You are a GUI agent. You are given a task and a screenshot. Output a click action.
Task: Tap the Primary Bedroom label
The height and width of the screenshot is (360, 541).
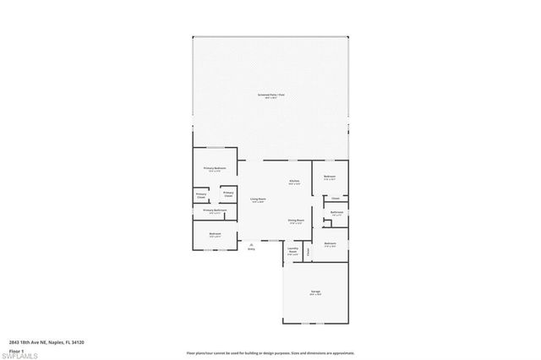point(214,169)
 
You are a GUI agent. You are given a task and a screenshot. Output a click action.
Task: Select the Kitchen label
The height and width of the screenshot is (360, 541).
point(294,182)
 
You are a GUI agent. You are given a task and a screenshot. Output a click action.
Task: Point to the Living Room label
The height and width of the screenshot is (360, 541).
point(257,200)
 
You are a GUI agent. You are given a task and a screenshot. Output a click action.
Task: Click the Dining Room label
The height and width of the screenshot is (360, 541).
point(295,221)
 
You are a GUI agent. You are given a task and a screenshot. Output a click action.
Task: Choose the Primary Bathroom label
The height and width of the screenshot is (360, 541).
point(214,210)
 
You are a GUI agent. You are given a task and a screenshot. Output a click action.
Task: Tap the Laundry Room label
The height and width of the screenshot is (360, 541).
point(292,251)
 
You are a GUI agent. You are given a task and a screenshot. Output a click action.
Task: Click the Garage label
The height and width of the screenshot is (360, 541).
point(314,292)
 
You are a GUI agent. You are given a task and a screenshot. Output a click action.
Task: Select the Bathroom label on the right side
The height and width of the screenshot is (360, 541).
point(336,213)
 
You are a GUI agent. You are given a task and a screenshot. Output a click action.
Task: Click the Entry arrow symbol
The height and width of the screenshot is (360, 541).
point(251,243)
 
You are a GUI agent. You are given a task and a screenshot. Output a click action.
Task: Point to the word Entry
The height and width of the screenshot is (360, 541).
point(251,249)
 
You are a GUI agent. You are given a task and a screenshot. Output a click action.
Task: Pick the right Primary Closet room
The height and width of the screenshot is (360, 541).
point(228,194)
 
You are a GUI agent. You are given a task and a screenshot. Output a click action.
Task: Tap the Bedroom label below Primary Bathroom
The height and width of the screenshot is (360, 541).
point(215,234)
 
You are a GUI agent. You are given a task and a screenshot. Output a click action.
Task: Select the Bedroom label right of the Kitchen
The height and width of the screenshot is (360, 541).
point(330,177)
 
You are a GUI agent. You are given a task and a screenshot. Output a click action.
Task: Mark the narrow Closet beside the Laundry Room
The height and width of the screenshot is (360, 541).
point(309,251)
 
